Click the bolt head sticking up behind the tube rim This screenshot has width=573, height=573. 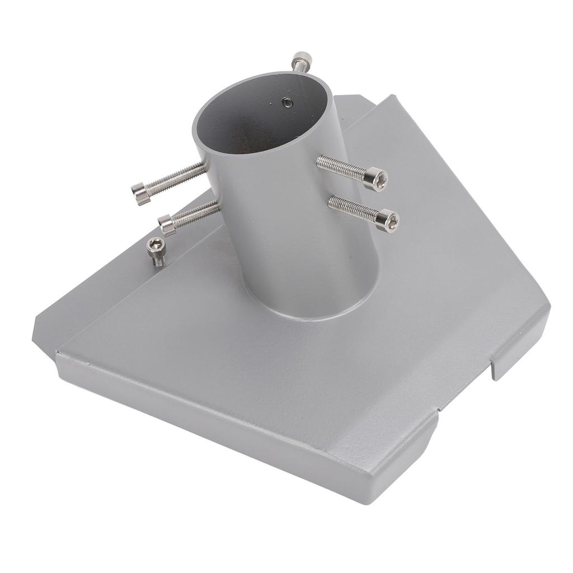(x=302, y=58)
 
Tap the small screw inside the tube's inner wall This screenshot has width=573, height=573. (x=286, y=102)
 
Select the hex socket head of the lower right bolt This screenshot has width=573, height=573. (x=388, y=220)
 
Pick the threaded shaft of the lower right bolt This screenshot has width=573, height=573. (x=353, y=208)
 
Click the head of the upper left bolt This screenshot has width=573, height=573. (x=140, y=194)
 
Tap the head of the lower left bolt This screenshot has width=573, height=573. (x=166, y=225)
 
